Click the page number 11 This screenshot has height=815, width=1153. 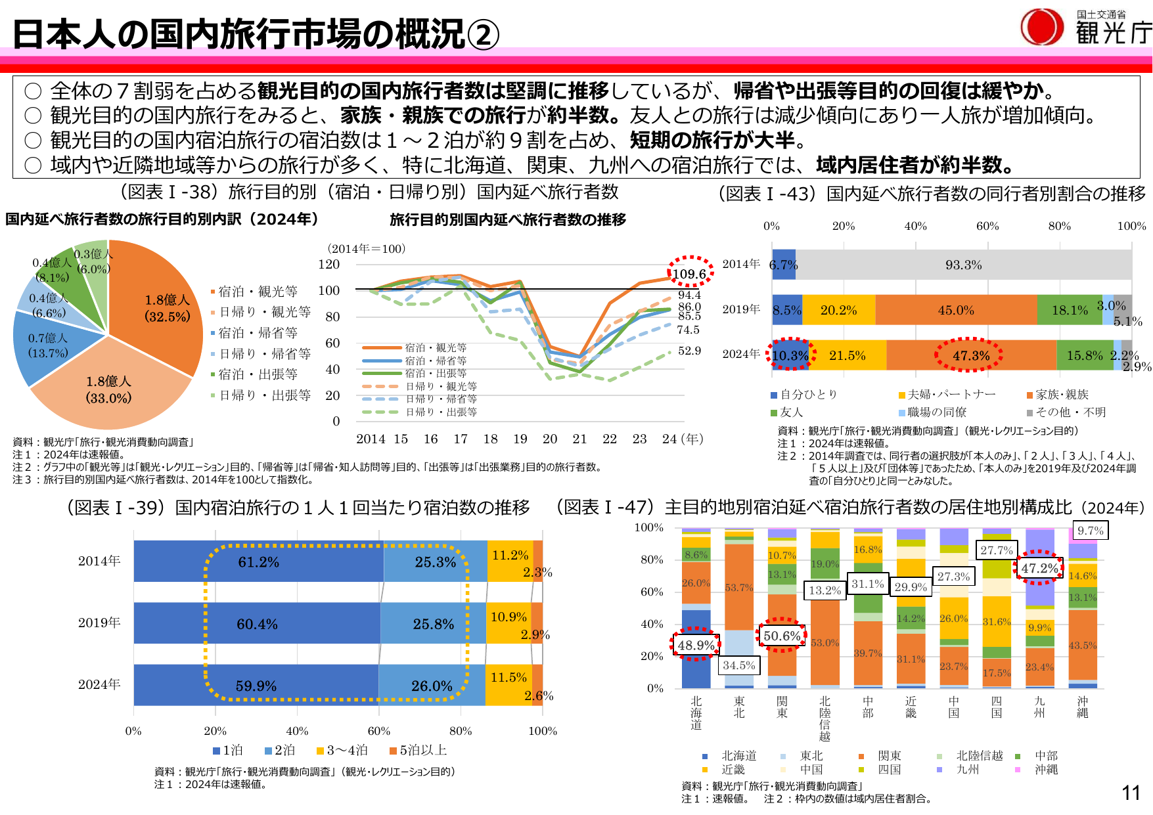(x=1131, y=793)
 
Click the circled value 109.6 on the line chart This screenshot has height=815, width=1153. (x=689, y=273)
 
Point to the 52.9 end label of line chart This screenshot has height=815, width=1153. (x=689, y=351)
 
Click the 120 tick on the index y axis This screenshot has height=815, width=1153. (x=329, y=264)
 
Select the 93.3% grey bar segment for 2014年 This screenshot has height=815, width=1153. (x=963, y=265)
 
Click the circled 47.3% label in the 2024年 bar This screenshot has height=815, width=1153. (x=970, y=355)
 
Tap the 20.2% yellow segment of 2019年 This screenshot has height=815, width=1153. (x=838, y=310)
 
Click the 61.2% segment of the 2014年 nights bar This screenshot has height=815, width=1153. (x=258, y=562)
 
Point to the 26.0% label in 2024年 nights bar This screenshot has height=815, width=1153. (x=432, y=686)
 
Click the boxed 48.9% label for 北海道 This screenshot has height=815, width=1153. (x=696, y=645)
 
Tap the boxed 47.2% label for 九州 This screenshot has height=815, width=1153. (x=1039, y=568)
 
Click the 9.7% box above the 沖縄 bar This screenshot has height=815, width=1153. (x=1090, y=531)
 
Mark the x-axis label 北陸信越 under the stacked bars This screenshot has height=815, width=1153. (x=825, y=718)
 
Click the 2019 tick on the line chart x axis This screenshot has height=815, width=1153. (x=520, y=439)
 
